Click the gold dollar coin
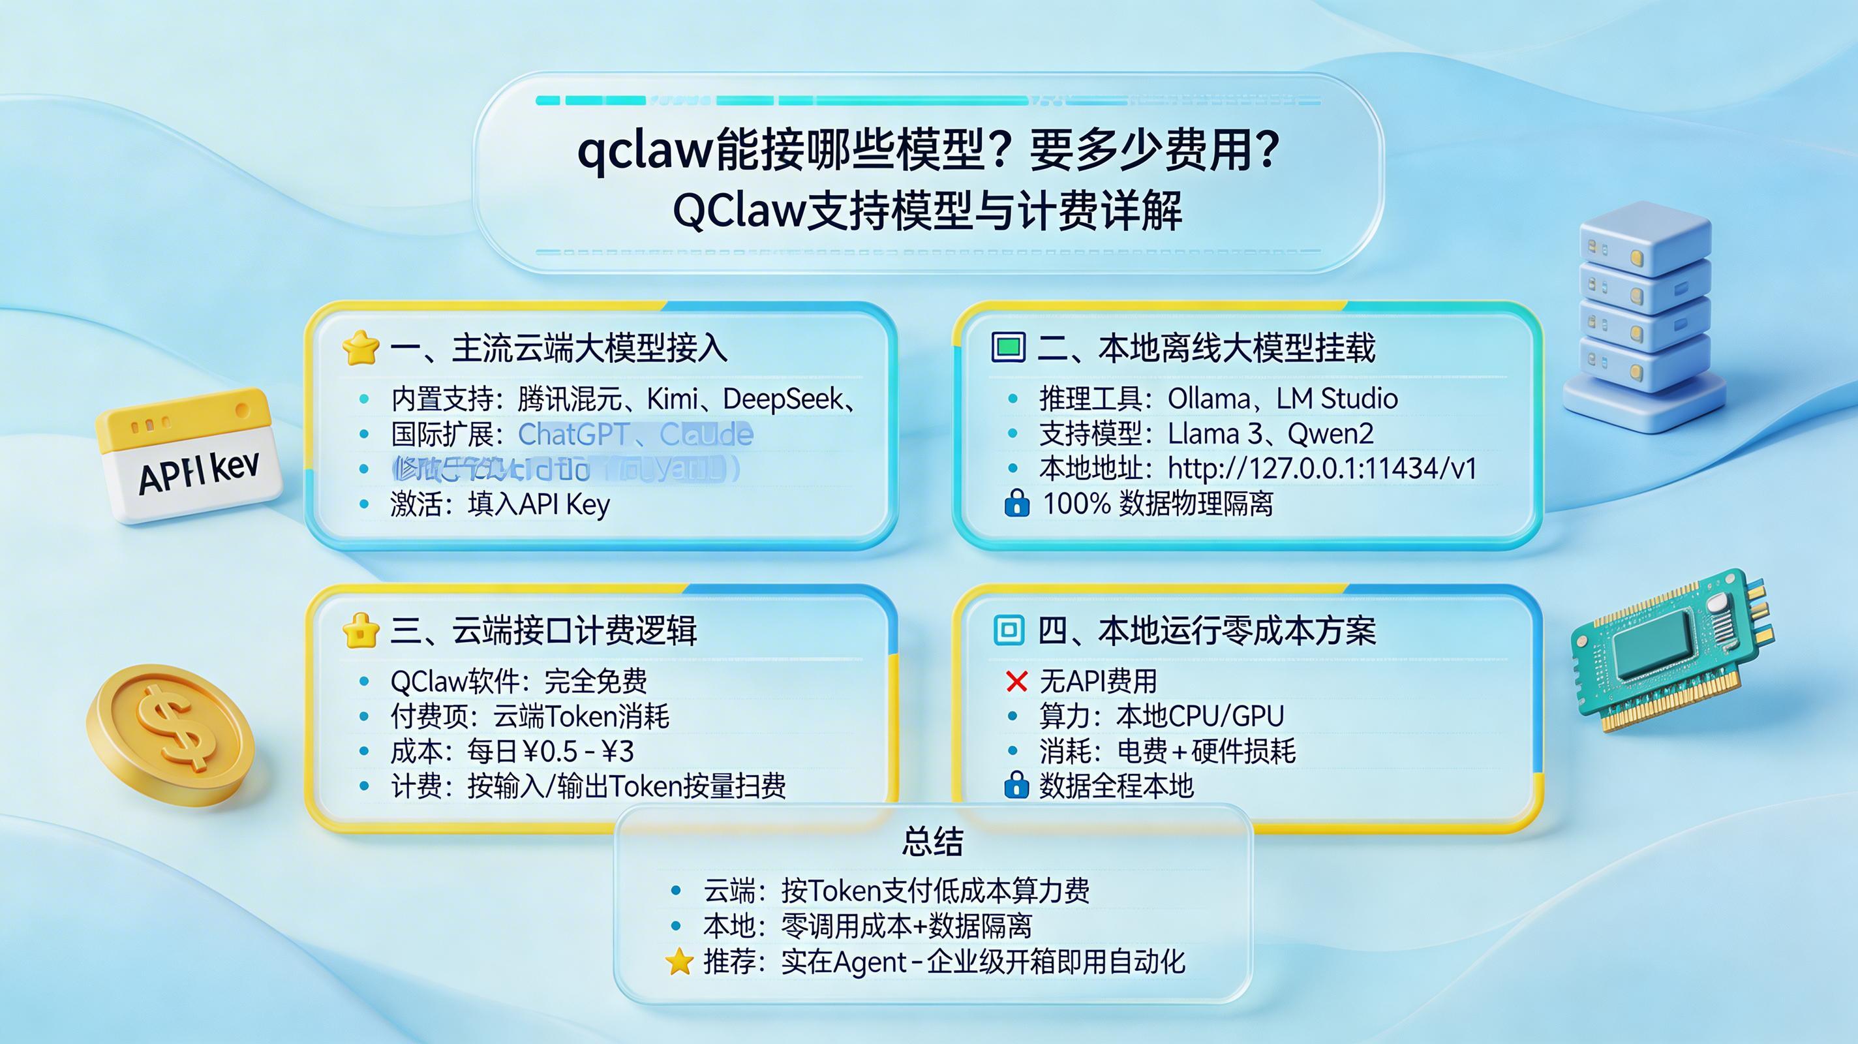coord(171,735)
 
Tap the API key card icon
coord(189,456)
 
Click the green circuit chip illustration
coord(1672,650)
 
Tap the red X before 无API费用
coord(1016,681)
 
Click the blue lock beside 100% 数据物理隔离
coord(1016,504)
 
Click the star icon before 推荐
coord(678,962)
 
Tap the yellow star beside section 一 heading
coord(360,348)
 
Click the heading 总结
coord(932,841)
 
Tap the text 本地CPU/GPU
coord(1200,716)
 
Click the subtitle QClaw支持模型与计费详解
coord(928,211)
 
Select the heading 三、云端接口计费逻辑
coord(543,630)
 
